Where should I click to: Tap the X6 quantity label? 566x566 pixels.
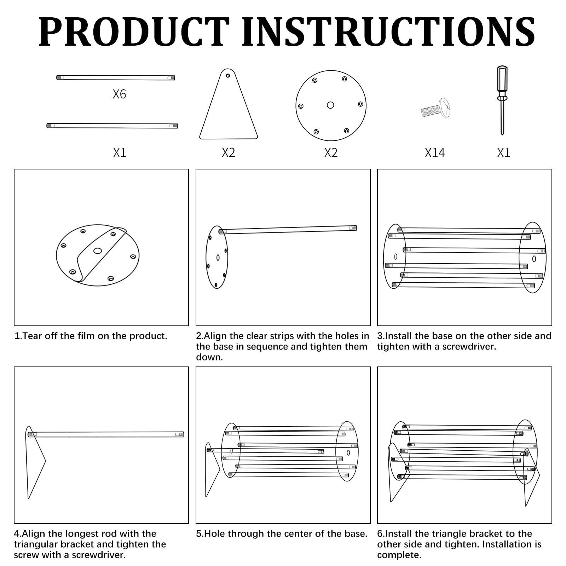click(x=119, y=94)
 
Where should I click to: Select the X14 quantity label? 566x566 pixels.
click(x=435, y=153)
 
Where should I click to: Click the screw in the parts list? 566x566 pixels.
click(x=435, y=108)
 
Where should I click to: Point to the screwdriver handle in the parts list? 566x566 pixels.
click(x=502, y=81)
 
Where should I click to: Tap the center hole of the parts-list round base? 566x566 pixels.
click(x=330, y=105)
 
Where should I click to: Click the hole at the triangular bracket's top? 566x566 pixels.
click(x=228, y=75)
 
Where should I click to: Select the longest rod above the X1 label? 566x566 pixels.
click(x=112, y=126)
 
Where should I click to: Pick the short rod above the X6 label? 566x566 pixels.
click(x=116, y=77)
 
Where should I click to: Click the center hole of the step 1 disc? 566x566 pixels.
click(x=98, y=251)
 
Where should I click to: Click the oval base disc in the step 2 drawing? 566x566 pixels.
click(x=217, y=257)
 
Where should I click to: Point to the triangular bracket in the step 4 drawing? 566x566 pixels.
click(x=36, y=462)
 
